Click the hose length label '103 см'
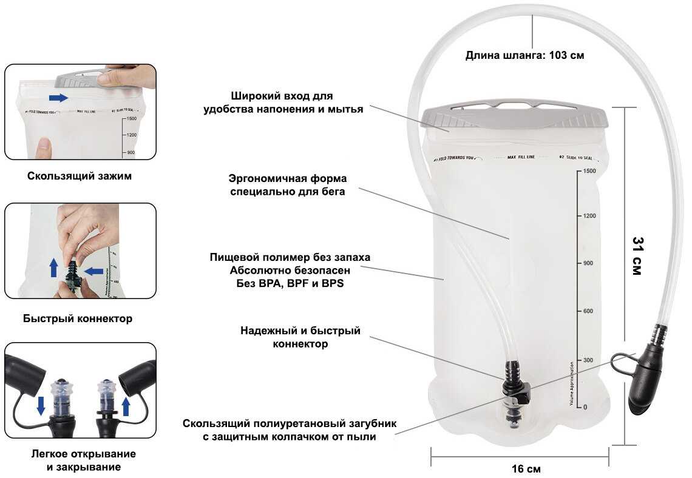566,55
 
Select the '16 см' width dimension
526,469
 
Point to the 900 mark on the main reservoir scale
588,263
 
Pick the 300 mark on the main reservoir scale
588,360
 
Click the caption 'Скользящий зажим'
80,177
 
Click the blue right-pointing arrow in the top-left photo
58,98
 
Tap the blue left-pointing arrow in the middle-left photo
93,271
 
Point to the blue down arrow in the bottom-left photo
41,405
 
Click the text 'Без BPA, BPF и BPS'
290,283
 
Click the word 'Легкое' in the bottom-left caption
49,454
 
